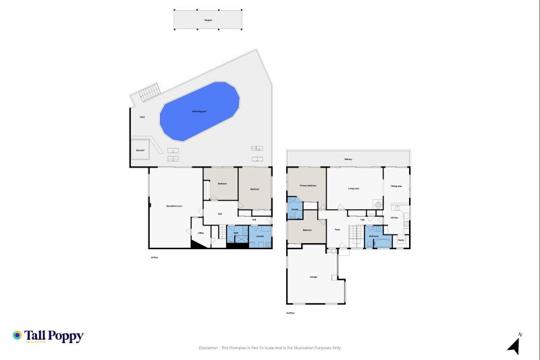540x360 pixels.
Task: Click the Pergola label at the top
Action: pos(208,21)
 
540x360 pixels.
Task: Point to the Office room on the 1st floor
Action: pos(200,233)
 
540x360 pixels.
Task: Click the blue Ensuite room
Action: pos(295,209)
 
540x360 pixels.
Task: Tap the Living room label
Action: pos(354,188)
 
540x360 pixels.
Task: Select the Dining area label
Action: pos(396,186)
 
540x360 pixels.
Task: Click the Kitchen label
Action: pos(394,218)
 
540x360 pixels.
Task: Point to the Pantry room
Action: pos(400,240)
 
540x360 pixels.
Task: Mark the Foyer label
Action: pos(337,230)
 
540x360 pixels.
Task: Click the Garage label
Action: pos(314,277)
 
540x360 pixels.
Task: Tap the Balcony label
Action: pos(348,159)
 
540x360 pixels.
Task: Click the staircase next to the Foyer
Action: pos(356,236)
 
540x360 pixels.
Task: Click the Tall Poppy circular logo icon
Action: pos(17,335)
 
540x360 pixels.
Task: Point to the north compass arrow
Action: pos(514,346)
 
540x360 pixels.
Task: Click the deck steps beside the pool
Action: pos(150,92)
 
